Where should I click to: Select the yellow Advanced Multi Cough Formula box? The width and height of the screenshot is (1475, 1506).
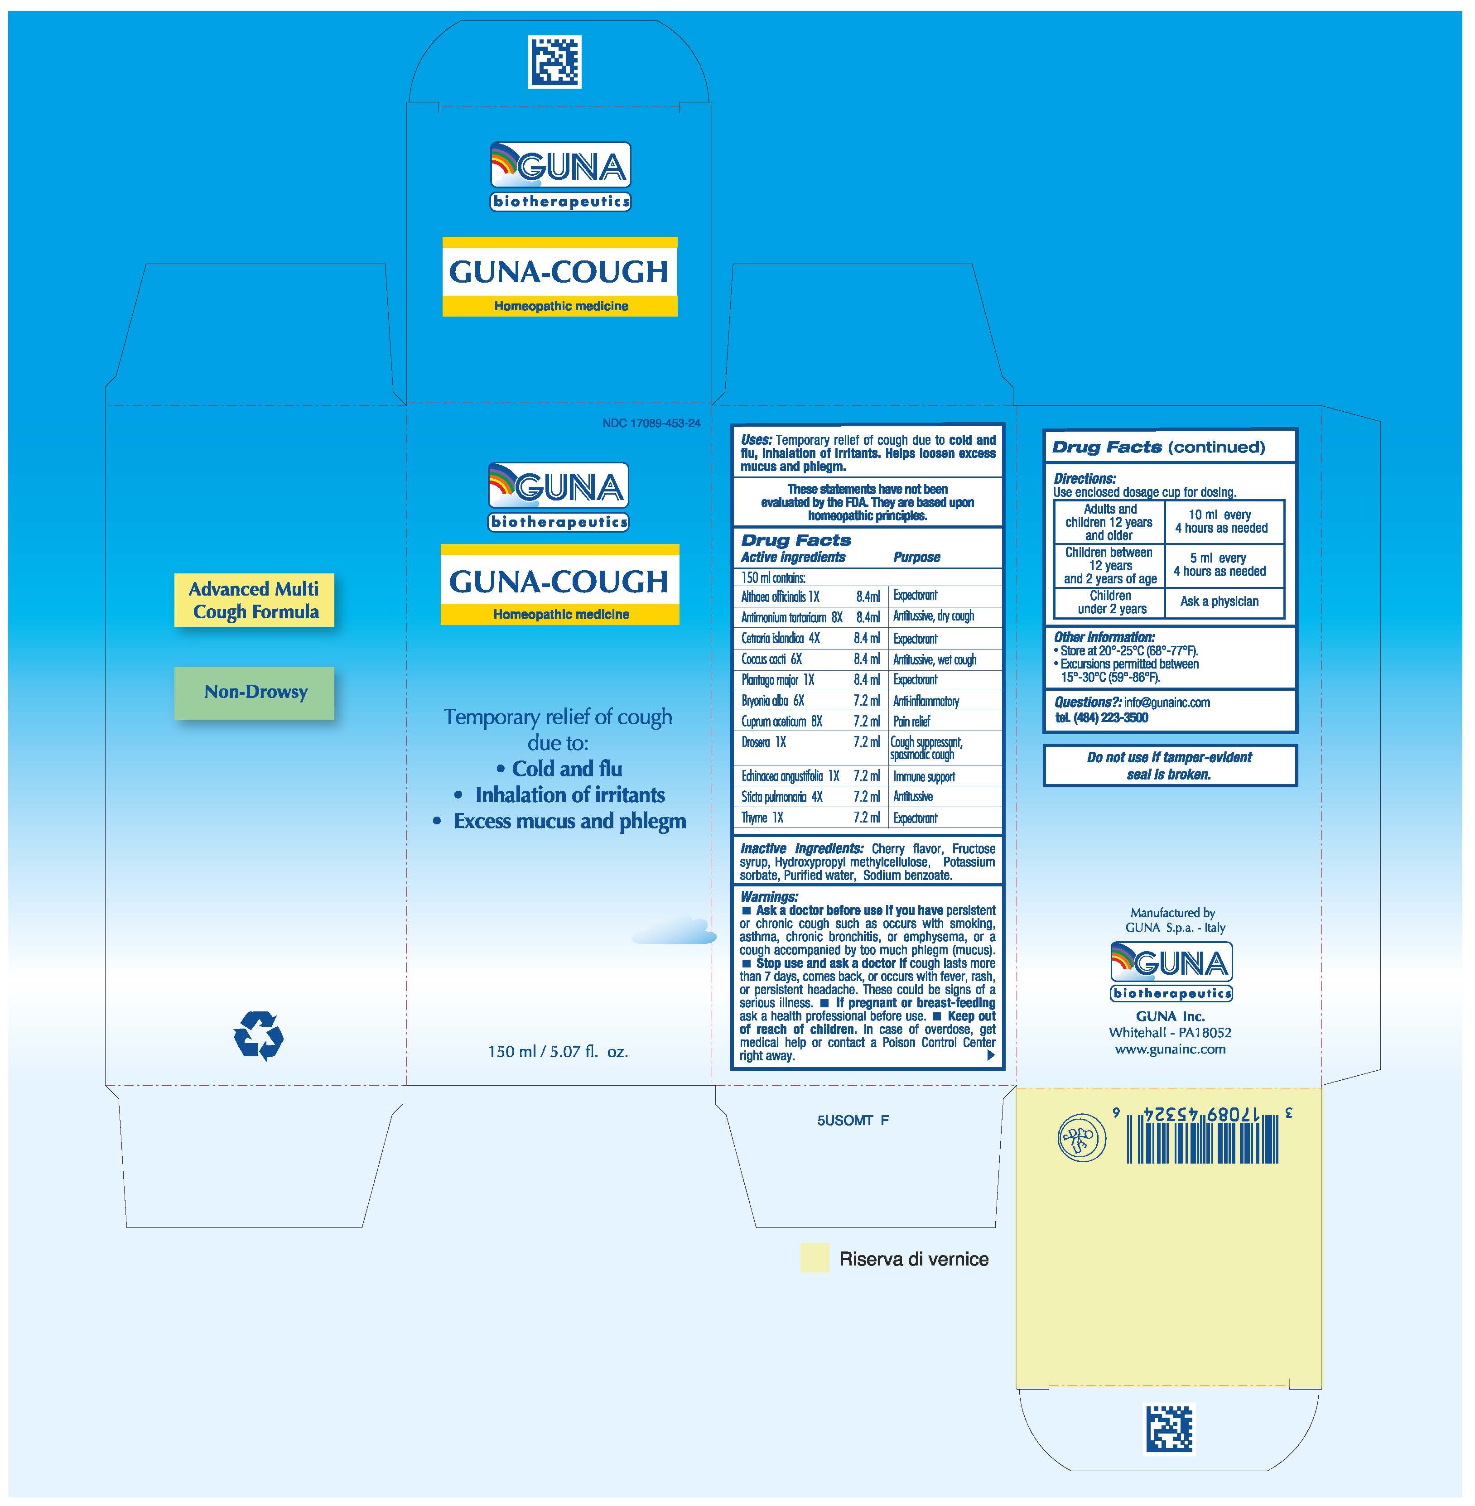point(254,601)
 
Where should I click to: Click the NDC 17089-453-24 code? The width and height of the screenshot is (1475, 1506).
point(651,423)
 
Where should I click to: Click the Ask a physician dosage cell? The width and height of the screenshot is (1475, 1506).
point(1220,602)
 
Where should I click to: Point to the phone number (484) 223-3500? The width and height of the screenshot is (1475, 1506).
point(1110,718)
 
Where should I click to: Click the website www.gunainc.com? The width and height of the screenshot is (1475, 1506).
point(1170,1050)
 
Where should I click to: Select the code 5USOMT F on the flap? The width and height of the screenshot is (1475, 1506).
point(852,1120)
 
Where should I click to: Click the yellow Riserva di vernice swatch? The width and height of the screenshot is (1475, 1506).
point(814,1258)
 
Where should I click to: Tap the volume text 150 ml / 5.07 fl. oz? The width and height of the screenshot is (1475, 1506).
point(558,1052)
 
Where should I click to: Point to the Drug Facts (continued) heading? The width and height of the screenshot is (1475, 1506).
point(1158,447)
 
